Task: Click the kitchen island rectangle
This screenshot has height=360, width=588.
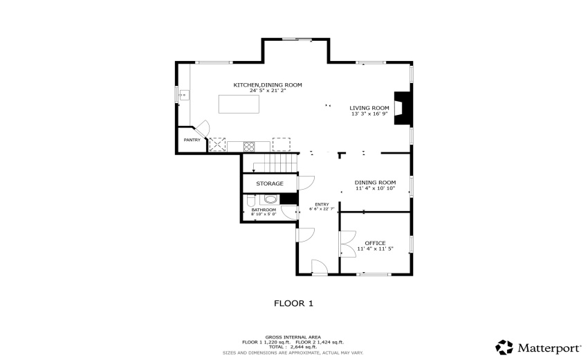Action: (239, 104)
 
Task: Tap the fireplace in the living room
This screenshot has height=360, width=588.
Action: (401, 108)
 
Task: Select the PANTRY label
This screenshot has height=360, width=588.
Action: (192, 140)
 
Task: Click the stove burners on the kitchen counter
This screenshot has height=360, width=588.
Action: (248, 145)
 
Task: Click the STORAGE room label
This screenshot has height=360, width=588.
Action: (270, 183)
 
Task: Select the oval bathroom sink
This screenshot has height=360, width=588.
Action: (270, 199)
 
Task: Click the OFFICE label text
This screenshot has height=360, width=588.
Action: (375, 243)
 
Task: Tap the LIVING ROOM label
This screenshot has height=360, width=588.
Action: (369, 108)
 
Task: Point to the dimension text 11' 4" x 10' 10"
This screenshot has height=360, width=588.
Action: (375, 188)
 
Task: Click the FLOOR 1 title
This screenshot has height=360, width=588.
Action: (294, 303)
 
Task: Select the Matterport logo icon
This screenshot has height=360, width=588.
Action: (504, 346)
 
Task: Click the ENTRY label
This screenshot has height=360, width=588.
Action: (322, 204)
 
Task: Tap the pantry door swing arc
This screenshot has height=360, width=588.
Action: (202, 129)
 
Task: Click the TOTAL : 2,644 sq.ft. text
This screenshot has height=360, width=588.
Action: (293, 347)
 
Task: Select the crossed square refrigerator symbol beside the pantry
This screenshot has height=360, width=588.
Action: (219, 145)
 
